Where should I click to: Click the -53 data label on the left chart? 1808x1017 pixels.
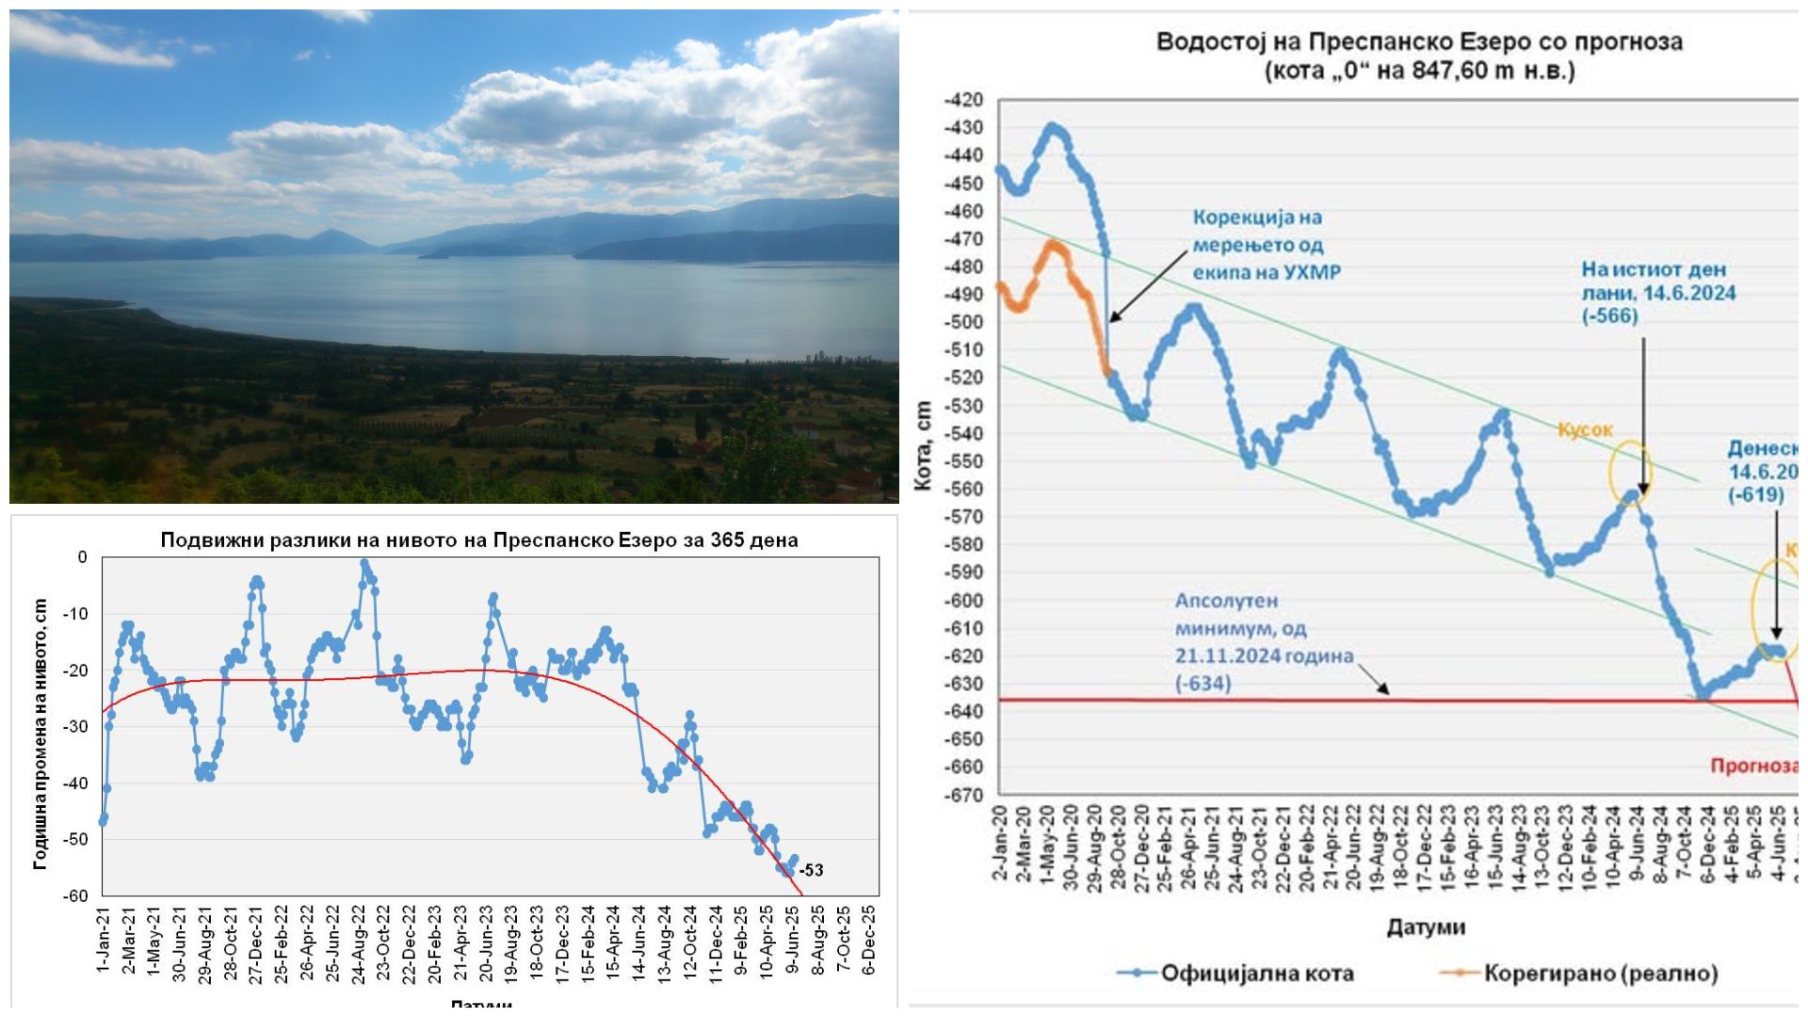pyautogui.click(x=811, y=870)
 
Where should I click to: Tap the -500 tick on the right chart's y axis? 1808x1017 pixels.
pyautogui.click(x=963, y=322)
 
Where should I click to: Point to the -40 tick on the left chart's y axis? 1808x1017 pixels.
pyautogui.click(x=75, y=783)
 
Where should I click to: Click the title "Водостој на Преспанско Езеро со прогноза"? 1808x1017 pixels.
pyautogui.click(x=1419, y=42)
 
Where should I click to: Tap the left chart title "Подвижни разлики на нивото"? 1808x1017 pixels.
pyautogui.click(x=478, y=541)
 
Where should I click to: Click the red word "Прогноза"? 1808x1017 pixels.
pyautogui.click(x=1752, y=766)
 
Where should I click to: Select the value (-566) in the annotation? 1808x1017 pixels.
pyautogui.click(x=1609, y=316)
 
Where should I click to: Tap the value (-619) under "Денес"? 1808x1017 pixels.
pyautogui.click(x=1755, y=495)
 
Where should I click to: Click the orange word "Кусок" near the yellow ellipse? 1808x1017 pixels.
pyautogui.click(x=1585, y=430)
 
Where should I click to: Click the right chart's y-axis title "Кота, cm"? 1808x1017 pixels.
pyautogui.click(x=923, y=445)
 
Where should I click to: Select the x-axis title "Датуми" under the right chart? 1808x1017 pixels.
pyautogui.click(x=1426, y=928)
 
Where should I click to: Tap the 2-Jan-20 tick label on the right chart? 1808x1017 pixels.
pyautogui.click(x=1000, y=843)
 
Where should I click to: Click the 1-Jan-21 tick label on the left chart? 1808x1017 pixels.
pyautogui.click(x=103, y=940)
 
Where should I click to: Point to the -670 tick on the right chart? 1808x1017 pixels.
pyautogui.click(x=963, y=795)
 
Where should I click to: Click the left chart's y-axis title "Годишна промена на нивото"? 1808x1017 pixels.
pyautogui.click(x=40, y=734)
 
